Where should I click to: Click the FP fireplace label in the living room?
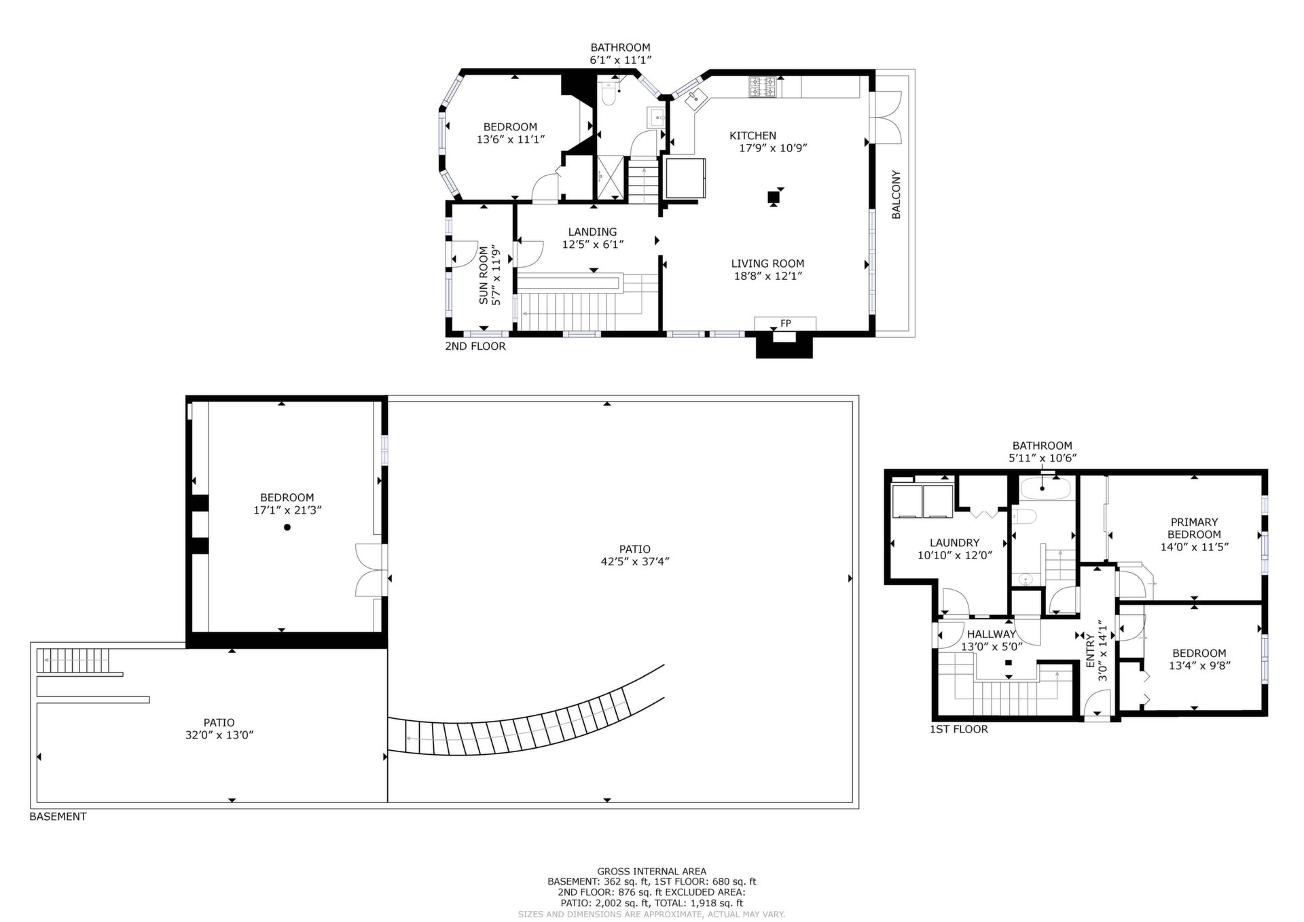coord(786,323)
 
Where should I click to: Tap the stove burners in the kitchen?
coord(763,87)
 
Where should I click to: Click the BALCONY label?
coord(896,194)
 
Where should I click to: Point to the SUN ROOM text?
coord(484,274)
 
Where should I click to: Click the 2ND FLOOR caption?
coord(475,347)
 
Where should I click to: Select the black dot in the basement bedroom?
coord(287,527)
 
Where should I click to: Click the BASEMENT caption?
coord(58,817)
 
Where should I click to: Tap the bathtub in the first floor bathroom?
coord(1046,488)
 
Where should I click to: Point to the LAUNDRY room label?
coord(955,543)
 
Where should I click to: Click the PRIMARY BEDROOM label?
coord(1194,529)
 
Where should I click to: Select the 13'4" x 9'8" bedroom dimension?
coord(1199,666)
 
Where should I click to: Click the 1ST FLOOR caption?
coord(959,730)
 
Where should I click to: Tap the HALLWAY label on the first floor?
coord(992,634)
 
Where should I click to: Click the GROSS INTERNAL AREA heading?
coord(652,871)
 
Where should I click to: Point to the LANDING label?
coord(593,232)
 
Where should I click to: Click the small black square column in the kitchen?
coord(773,197)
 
